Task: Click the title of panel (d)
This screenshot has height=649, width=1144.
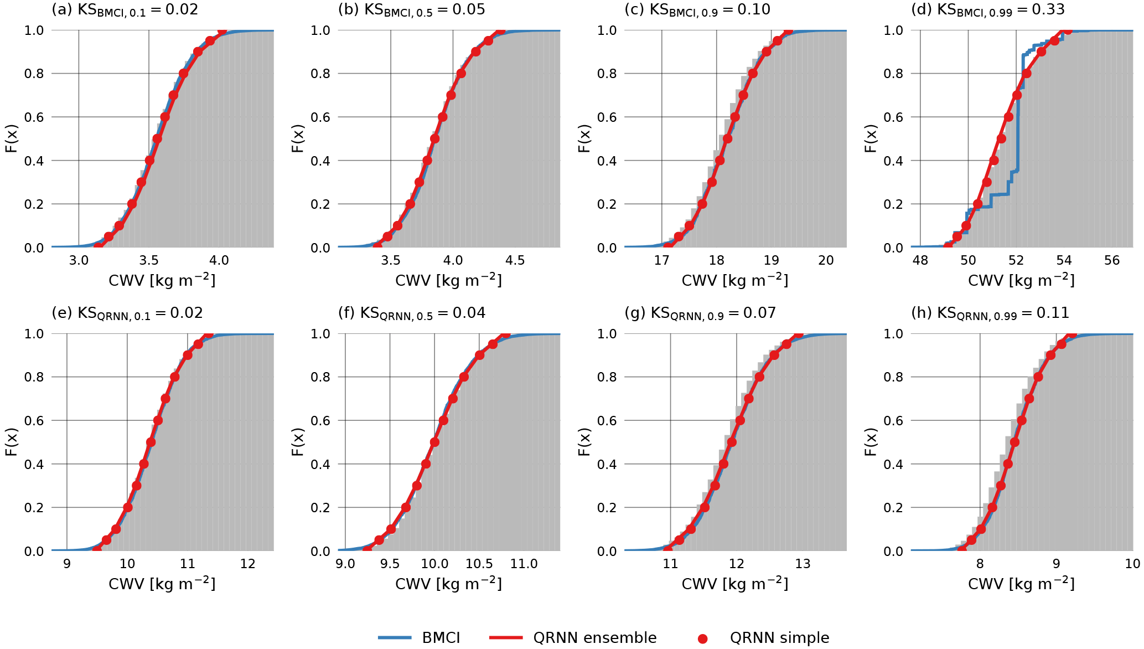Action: [987, 10]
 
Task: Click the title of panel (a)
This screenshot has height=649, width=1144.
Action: [125, 10]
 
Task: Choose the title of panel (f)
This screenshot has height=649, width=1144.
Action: [411, 313]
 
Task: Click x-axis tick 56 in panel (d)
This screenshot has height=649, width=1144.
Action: [1112, 260]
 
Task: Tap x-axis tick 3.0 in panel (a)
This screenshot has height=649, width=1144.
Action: [79, 260]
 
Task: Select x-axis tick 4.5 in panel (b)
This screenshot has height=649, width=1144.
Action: [515, 260]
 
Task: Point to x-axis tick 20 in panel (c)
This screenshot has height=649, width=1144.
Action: [826, 260]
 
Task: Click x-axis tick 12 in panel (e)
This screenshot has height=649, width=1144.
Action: [248, 564]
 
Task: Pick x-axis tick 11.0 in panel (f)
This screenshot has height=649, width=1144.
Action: [524, 564]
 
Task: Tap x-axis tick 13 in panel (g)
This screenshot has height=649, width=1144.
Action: [803, 564]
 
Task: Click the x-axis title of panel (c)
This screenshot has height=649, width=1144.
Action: [734, 281]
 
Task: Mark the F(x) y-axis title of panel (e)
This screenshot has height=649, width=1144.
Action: [11, 442]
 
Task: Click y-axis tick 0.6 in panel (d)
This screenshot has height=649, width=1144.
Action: [893, 117]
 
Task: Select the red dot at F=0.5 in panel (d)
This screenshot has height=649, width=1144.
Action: [1001, 138]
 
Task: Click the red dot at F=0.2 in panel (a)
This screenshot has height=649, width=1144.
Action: [132, 204]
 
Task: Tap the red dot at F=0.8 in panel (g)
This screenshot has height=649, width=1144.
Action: [759, 377]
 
